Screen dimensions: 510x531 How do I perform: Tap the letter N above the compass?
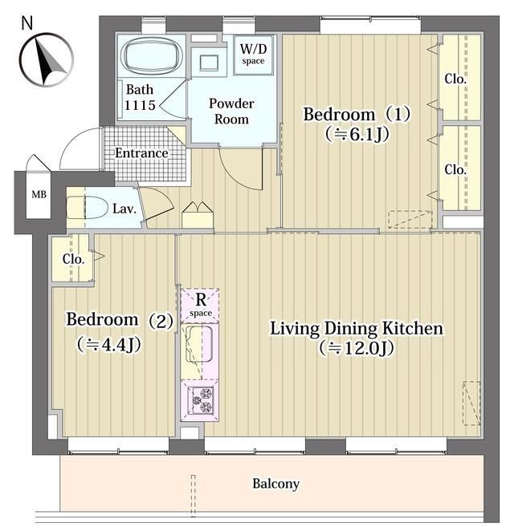(x=27, y=22)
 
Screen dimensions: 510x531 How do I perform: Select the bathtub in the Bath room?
(x=152, y=55)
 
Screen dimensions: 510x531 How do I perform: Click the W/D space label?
(x=253, y=55)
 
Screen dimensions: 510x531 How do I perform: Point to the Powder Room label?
(x=231, y=111)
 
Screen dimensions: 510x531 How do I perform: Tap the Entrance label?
(x=141, y=153)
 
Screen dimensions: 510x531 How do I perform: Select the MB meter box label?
(x=39, y=194)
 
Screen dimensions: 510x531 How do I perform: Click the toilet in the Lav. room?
(x=86, y=207)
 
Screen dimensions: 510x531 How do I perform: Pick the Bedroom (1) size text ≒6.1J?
(x=357, y=134)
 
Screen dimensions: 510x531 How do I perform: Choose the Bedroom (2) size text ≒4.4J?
(x=108, y=344)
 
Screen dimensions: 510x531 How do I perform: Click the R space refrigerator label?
(x=201, y=305)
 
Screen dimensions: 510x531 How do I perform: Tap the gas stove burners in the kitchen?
(x=202, y=400)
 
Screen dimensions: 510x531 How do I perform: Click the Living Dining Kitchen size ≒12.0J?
(x=356, y=348)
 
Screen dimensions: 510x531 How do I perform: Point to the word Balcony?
(x=275, y=484)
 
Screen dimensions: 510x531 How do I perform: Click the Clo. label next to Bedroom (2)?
(x=73, y=259)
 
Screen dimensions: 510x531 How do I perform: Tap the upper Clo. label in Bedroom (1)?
(x=455, y=79)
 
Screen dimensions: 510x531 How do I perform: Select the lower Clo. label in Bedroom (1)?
(x=455, y=170)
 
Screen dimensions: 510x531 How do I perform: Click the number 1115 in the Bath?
(x=140, y=106)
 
